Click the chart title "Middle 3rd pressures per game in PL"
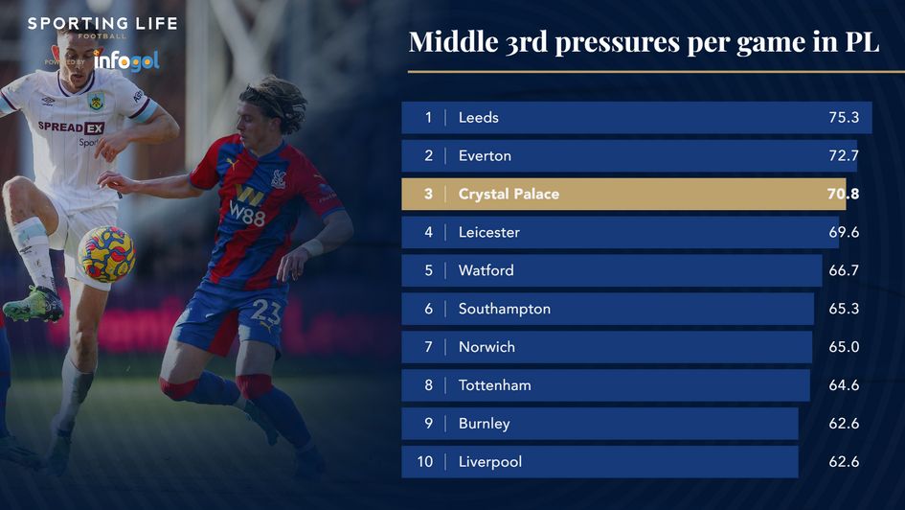(644, 42)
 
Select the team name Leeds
(478, 118)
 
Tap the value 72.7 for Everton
(843, 155)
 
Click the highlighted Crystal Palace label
(509, 194)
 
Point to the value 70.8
(843, 194)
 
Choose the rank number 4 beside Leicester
(428, 232)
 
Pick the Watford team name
(486, 270)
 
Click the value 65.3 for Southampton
(843, 309)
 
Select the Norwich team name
(486, 347)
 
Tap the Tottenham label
(494, 385)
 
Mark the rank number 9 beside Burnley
(428, 424)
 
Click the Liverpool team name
(490, 462)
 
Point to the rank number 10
(425, 462)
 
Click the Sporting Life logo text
(102, 24)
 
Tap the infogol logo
(126, 60)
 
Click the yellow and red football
(106, 254)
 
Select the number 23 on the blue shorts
(266, 313)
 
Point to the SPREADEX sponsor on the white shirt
(71, 127)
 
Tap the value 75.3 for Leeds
(843, 118)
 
